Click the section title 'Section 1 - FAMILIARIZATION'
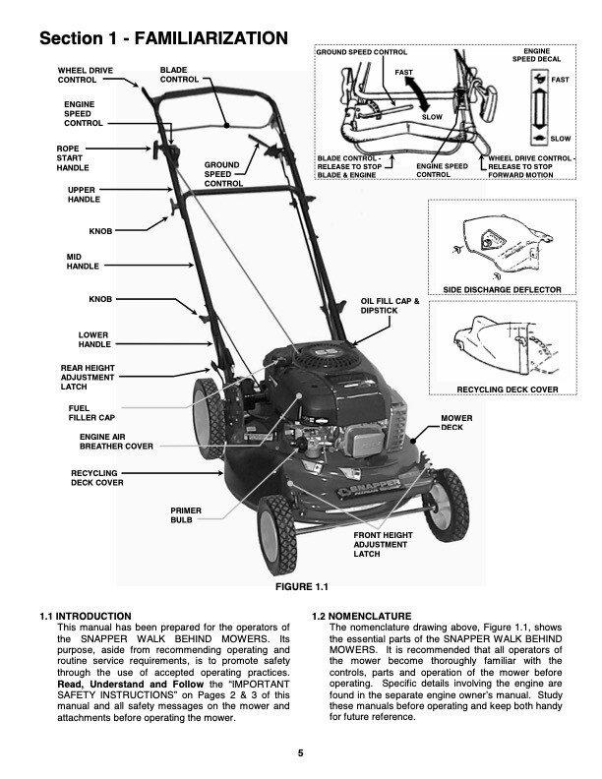(163, 38)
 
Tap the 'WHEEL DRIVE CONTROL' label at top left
(84, 75)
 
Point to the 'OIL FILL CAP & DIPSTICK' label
(391, 306)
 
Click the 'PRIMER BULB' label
(186, 514)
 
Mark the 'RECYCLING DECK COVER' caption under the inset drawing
(508, 389)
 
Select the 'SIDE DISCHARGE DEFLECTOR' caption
(502, 290)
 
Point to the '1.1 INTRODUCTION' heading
(86, 616)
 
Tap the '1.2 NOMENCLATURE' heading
(361, 616)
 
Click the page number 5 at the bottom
(301, 753)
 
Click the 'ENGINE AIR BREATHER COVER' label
(116, 441)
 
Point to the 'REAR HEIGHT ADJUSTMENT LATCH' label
(88, 377)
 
